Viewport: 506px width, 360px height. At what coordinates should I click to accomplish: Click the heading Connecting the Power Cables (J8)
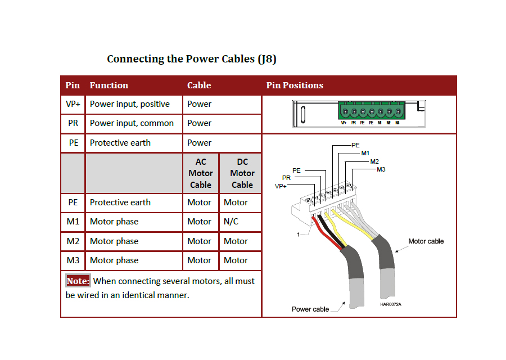(x=191, y=59)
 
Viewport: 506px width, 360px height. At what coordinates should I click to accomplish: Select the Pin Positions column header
(x=295, y=85)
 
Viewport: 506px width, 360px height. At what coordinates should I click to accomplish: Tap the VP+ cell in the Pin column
(x=73, y=104)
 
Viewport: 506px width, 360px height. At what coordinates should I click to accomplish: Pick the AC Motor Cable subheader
(x=201, y=173)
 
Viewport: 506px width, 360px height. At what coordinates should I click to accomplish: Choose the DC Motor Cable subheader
(x=242, y=173)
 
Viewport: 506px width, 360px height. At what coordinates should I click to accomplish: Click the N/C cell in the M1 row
(x=231, y=222)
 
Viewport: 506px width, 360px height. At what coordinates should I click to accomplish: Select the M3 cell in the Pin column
(x=73, y=260)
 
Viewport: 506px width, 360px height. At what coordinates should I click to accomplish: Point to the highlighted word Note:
(x=78, y=281)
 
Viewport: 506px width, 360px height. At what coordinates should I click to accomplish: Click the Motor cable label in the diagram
(x=426, y=241)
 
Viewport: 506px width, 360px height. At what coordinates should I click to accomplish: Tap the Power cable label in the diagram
(x=310, y=309)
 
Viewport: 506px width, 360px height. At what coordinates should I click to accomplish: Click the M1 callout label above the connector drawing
(x=365, y=153)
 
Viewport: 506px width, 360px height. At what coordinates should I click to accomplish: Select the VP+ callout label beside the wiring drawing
(x=281, y=186)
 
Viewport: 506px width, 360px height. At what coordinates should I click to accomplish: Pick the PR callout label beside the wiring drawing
(x=286, y=178)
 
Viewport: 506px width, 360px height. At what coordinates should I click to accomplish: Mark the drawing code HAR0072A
(x=391, y=304)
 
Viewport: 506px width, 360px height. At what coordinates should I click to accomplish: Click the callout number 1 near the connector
(x=299, y=235)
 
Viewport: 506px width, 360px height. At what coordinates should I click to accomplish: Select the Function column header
(x=109, y=85)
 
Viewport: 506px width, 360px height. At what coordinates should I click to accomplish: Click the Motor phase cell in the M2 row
(x=114, y=241)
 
